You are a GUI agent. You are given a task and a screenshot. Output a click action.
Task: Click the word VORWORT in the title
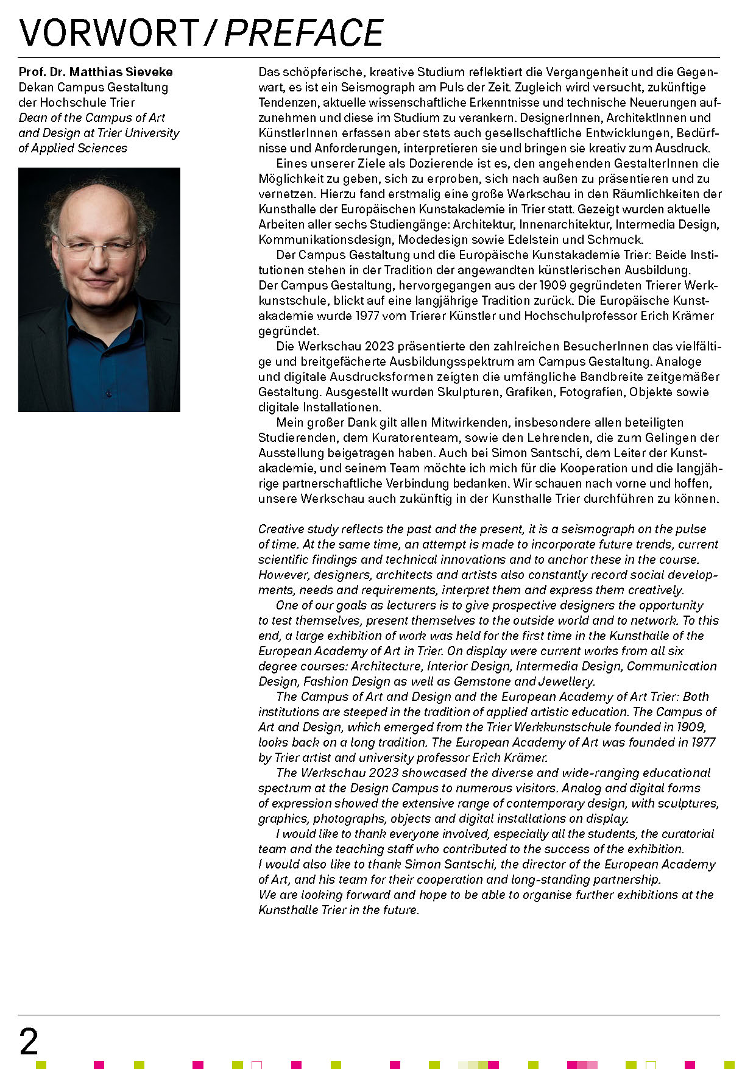click(108, 33)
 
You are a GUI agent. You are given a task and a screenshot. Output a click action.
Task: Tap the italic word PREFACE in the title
click(304, 33)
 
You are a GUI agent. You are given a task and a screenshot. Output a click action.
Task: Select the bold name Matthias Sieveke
click(121, 72)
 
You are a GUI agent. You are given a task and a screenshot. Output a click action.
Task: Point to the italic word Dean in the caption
click(32, 118)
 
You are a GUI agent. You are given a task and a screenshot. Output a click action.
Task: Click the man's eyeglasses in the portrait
click(97, 247)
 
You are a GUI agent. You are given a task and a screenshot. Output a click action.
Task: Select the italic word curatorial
click(688, 834)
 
